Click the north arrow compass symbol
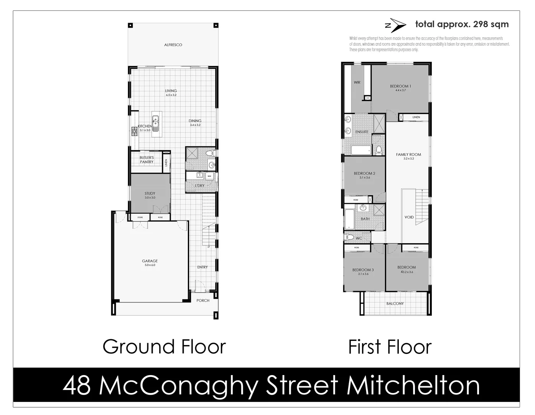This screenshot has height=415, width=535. (x=395, y=25)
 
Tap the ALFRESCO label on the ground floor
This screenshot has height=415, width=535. (x=173, y=45)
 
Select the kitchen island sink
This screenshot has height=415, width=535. (x=155, y=123)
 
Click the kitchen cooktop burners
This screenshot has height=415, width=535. (x=135, y=131)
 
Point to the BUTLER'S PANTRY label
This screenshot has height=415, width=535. (x=147, y=160)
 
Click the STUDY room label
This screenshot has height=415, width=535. (x=150, y=194)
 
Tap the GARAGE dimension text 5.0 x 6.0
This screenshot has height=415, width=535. (x=150, y=265)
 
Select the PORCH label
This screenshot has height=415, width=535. (x=203, y=300)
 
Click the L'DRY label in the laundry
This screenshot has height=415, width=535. (x=199, y=186)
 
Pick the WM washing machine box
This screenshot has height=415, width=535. (x=209, y=176)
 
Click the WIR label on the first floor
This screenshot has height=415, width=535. (x=357, y=82)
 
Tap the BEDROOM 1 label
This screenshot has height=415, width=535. (x=400, y=86)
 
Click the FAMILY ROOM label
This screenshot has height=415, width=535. (x=408, y=154)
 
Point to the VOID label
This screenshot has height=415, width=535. (x=409, y=217)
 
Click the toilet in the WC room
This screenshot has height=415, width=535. (x=349, y=237)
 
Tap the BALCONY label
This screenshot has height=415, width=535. (x=395, y=304)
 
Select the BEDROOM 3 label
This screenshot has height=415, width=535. (x=363, y=270)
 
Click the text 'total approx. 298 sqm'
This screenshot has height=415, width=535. (x=462, y=24)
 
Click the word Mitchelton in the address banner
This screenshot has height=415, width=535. (x=413, y=386)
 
